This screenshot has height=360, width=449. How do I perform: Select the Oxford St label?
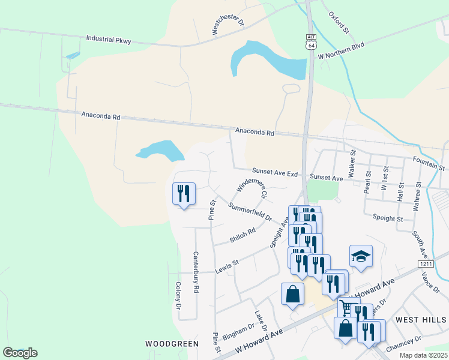point(339,22)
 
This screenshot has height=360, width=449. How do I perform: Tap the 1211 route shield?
point(426,263)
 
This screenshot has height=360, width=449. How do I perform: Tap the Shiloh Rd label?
point(243,235)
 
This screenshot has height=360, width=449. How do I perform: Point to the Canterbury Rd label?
point(196,271)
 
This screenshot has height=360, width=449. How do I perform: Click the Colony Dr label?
point(178,296)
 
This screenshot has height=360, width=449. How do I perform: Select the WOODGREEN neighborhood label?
point(172,344)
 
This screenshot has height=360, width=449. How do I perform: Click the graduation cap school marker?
point(361,256)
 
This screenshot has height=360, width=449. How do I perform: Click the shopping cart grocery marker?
point(346,307)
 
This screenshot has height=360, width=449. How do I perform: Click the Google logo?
point(20,353)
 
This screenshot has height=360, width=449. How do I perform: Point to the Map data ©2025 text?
point(423,355)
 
